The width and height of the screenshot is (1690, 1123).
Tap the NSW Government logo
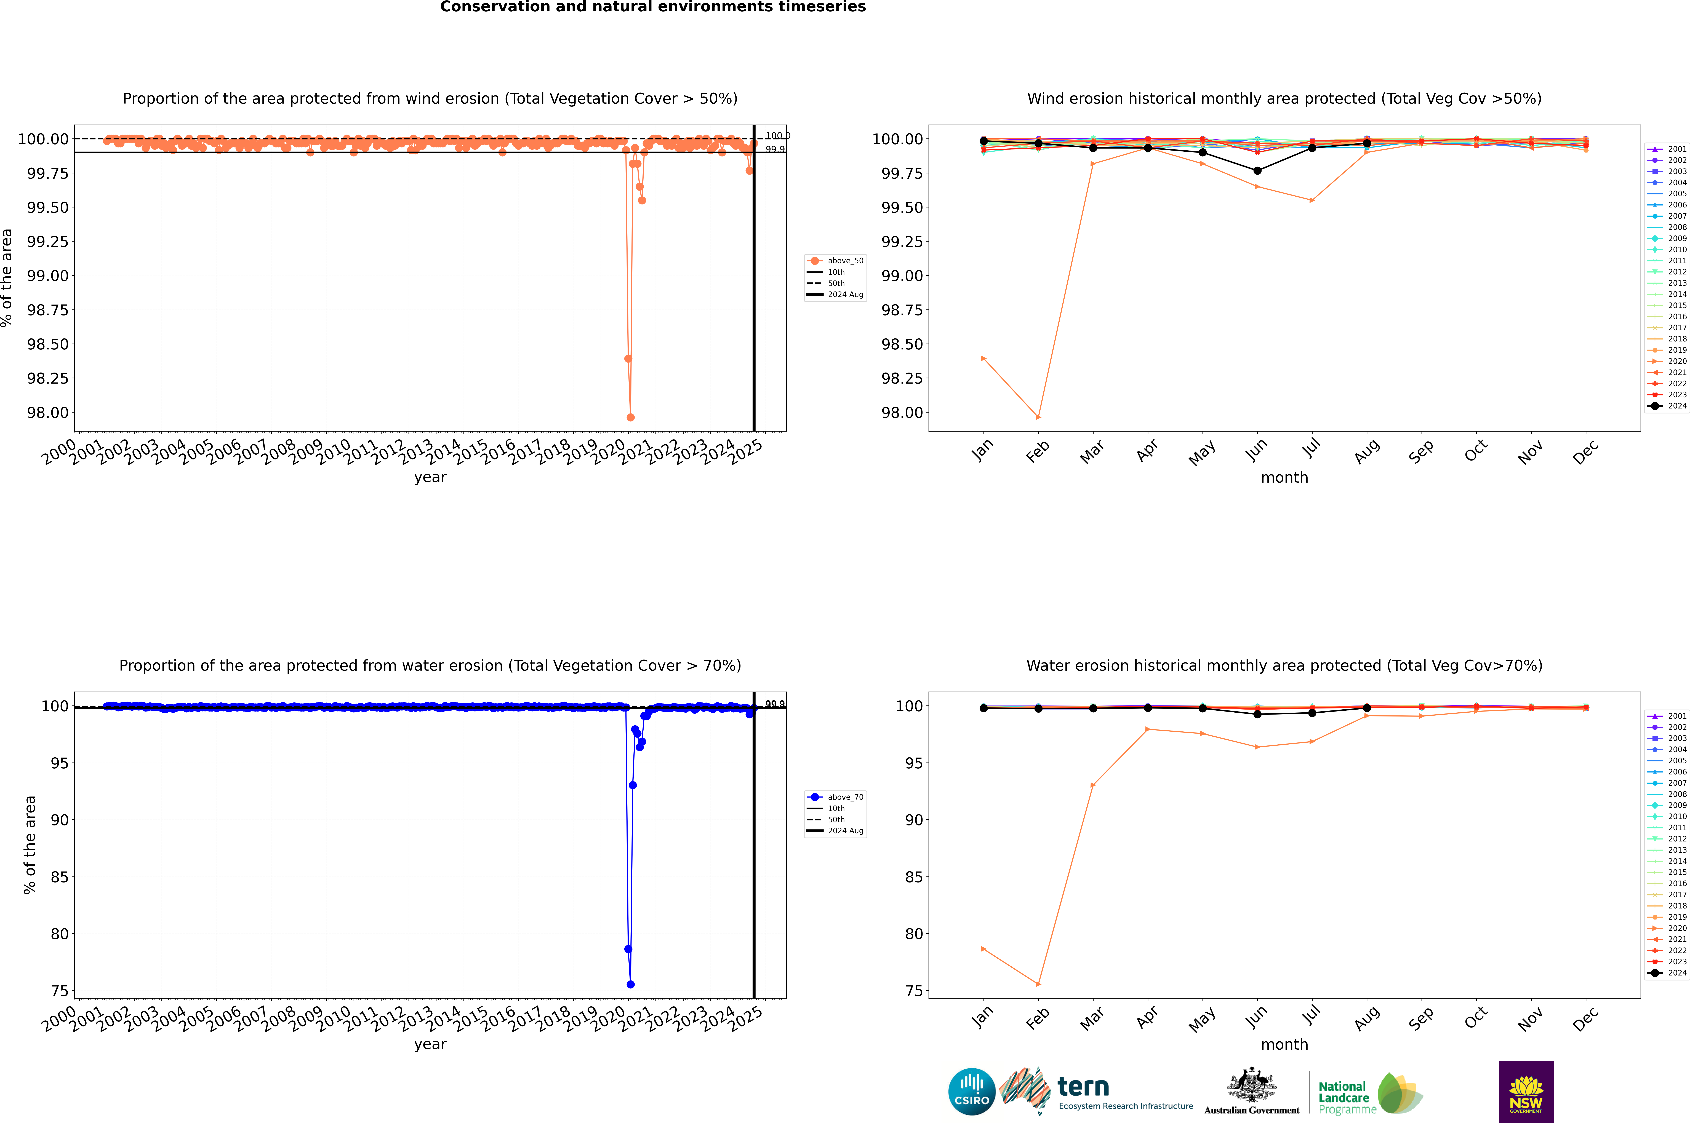coord(1526,1092)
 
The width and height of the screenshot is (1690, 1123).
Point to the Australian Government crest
coord(1252,1087)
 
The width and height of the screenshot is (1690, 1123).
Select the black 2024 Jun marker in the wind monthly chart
coord(1257,170)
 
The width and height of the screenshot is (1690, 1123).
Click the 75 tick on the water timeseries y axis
coord(59,991)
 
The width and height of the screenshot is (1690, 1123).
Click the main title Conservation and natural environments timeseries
coord(653,7)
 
